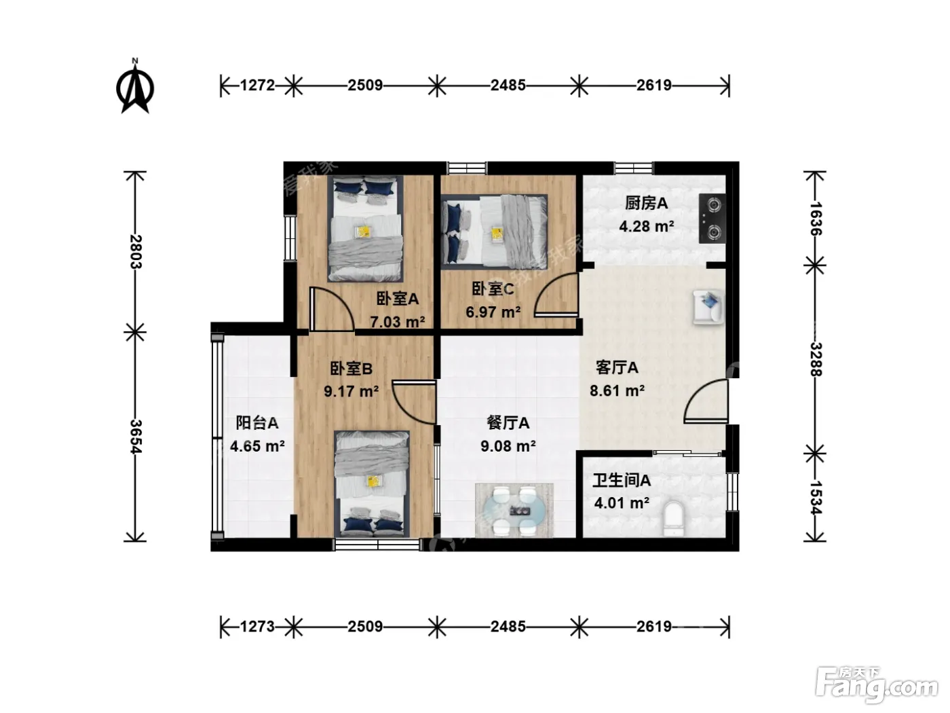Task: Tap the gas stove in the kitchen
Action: tap(712, 218)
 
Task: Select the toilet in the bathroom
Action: tap(673, 519)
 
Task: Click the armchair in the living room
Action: tap(708, 306)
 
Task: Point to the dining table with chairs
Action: tap(514, 511)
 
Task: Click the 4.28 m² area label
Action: tap(646, 226)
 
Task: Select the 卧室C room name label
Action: tap(493, 289)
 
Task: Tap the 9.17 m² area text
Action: tap(351, 391)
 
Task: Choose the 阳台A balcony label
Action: tap(256, 423)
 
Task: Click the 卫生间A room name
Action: tap(622, 480)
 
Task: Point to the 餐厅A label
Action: tap(508, 423)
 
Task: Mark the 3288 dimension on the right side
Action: tap(816, 359)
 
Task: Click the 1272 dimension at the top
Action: tap(257, 86)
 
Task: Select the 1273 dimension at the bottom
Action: tap(257, 626)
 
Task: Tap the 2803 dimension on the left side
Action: tap(136, 252)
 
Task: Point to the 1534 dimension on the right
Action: tap(816, 498)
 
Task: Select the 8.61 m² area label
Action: tap(617, 390)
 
